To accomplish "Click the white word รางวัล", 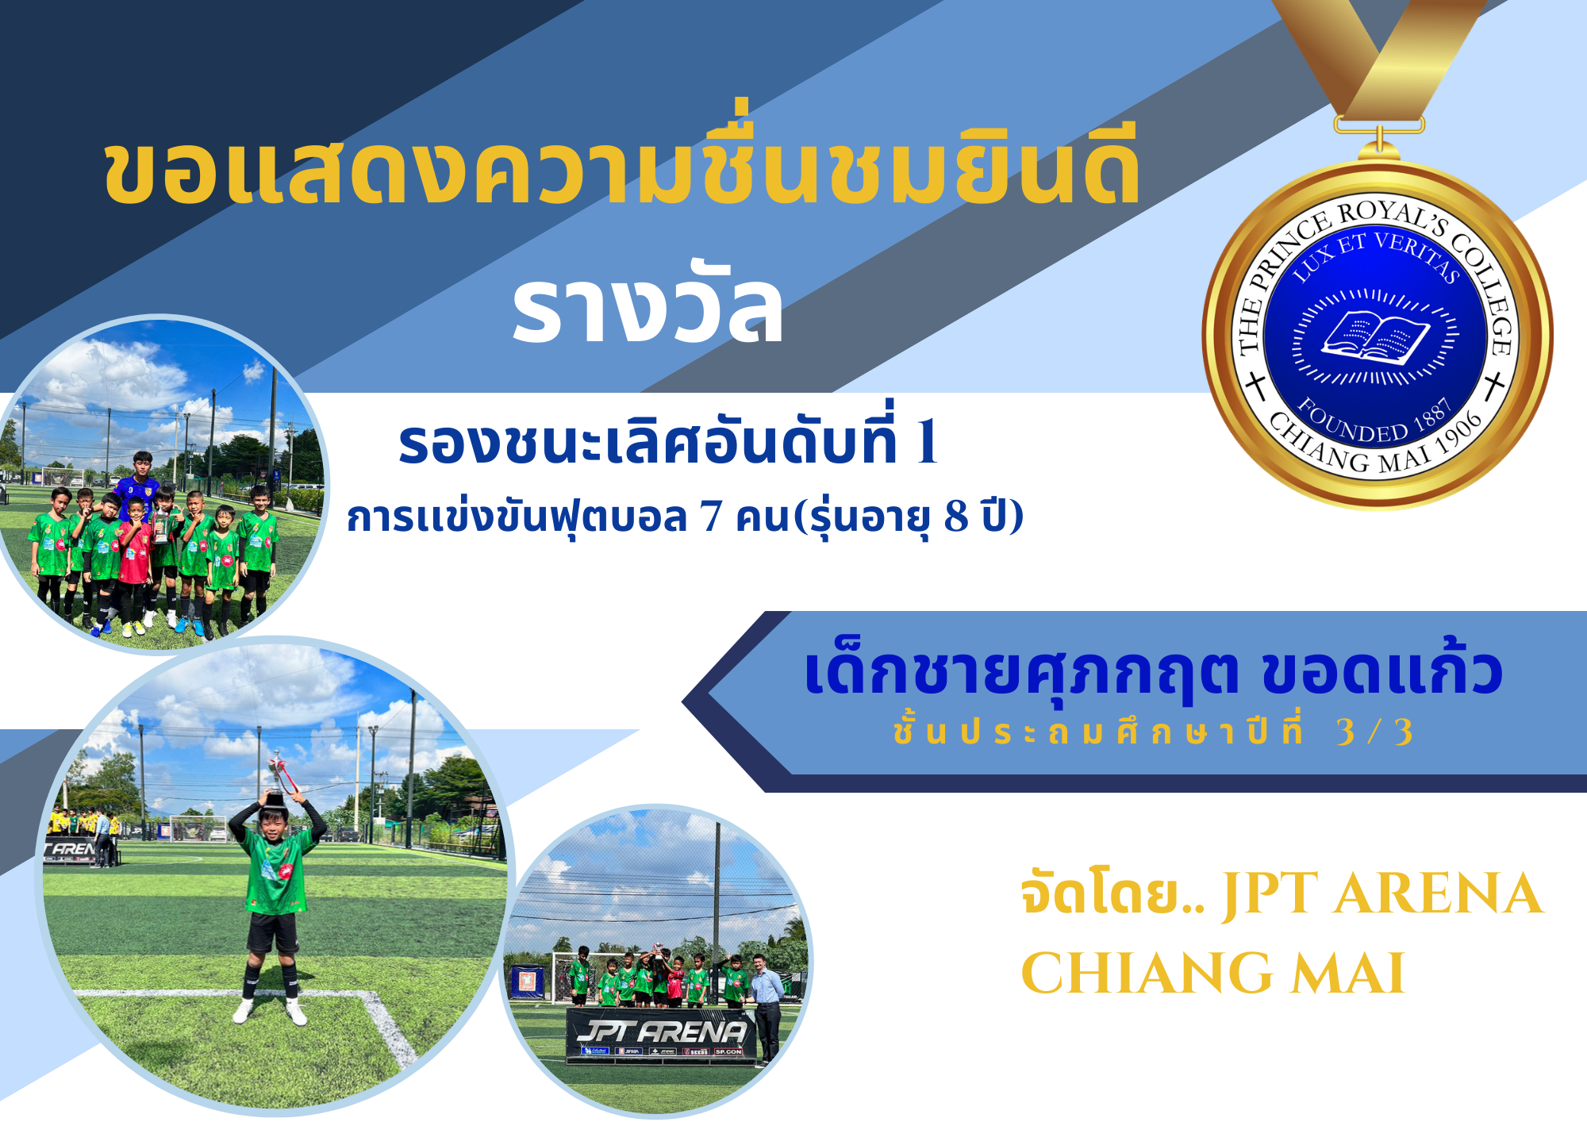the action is point(647,305).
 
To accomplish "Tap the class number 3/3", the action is point(1374,732).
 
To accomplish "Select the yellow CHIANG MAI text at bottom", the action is point(1212,973).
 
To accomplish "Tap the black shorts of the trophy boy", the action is point(272,932).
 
